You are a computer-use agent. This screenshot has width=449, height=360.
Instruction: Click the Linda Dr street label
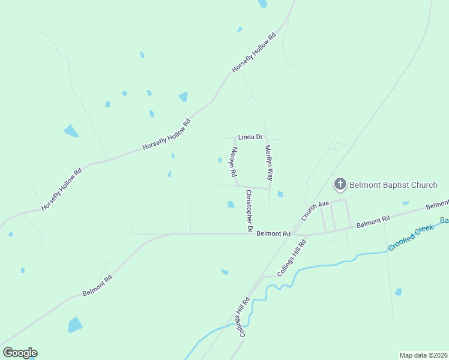click(x=250, y=137)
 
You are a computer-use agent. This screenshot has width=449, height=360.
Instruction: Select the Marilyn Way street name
click(x=269, y=163)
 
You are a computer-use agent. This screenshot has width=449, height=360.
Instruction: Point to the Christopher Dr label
click(x=249, y=211)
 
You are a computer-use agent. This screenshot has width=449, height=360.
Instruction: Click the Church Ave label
click(x=315, y=211)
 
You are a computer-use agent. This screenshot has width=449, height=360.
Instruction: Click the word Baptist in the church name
click(x=395, y=184)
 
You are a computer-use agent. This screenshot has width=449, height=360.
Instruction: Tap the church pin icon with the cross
click(x=340, y=184)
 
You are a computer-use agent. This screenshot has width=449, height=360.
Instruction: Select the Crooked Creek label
click(x=411, y=238)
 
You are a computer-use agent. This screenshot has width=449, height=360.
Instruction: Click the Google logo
click(x=20, y=353)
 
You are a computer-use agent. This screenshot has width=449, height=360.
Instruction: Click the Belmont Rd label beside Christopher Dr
click(x=273, y=233)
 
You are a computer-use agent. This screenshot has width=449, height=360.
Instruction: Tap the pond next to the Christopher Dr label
click(x=231, y=205)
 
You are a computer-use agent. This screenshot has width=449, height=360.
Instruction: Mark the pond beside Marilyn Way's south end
click(x=280, y=194)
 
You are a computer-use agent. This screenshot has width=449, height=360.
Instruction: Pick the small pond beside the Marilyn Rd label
click(x=220, y=160)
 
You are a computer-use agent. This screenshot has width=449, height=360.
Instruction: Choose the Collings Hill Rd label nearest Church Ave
click(x=292, y=258)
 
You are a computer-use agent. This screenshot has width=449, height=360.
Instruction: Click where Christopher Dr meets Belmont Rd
click(x=249, y=233)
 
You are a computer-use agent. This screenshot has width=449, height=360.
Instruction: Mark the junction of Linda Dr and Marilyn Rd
click(x=235, y=138)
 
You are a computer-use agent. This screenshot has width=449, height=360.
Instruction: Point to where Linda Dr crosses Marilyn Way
click(x=266, y=138)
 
